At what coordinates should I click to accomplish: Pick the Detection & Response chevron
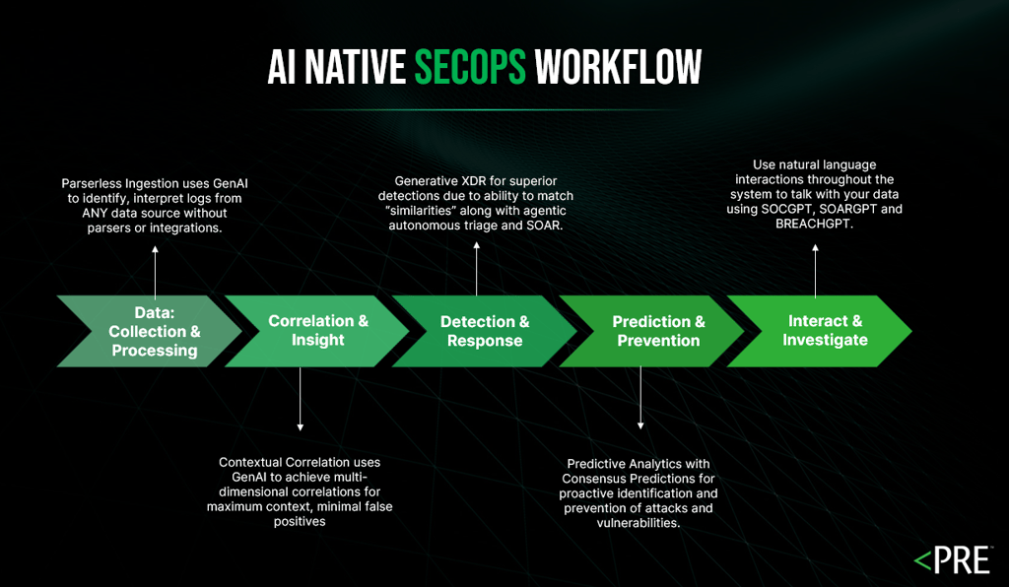click(x=484, y=331)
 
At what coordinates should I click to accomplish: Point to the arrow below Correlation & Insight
click(x=300, y=400)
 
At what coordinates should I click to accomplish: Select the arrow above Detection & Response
click(x=477, y=267)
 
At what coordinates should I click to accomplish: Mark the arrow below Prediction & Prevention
click(x=640, y=399)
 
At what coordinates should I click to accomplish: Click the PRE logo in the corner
click(x=953, y=561)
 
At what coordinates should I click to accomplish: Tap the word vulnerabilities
click(x=638, y=523)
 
